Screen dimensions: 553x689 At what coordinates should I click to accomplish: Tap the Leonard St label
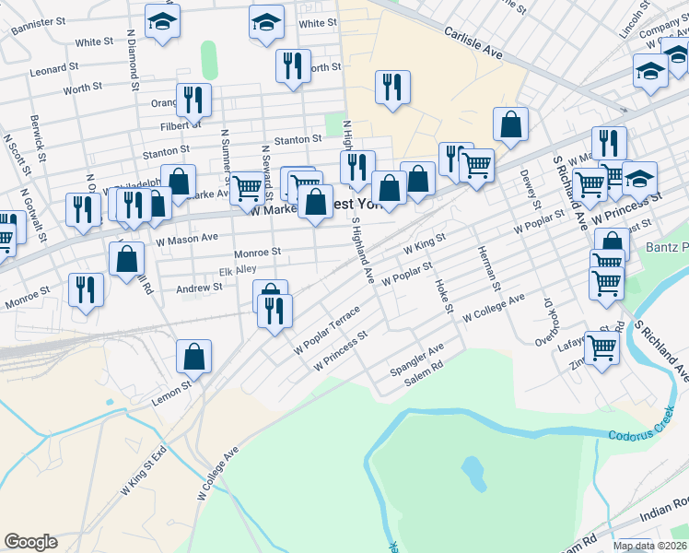coord(49,70)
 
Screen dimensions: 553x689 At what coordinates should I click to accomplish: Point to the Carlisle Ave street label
coord(473,42)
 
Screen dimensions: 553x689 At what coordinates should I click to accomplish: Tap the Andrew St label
coord(200,288)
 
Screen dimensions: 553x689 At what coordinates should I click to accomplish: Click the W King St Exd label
coord(146,471)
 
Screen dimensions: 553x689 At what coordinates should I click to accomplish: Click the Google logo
coord(30,542)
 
